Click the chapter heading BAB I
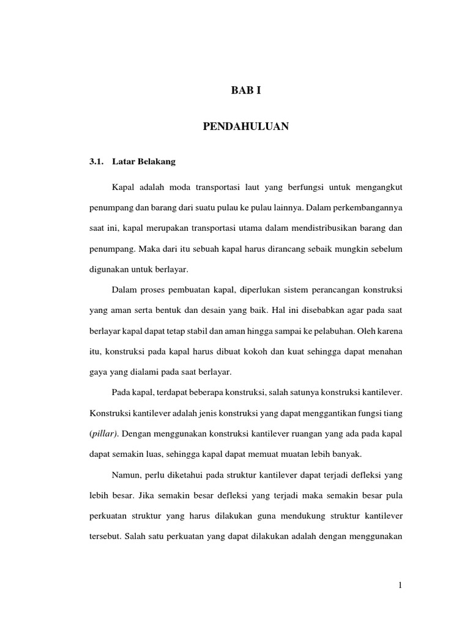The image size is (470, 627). [x=245, y=91]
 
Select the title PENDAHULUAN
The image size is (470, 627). [x=245, y=127]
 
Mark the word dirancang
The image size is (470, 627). [x=242, y=250]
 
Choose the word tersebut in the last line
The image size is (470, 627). [x=103, y=537]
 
